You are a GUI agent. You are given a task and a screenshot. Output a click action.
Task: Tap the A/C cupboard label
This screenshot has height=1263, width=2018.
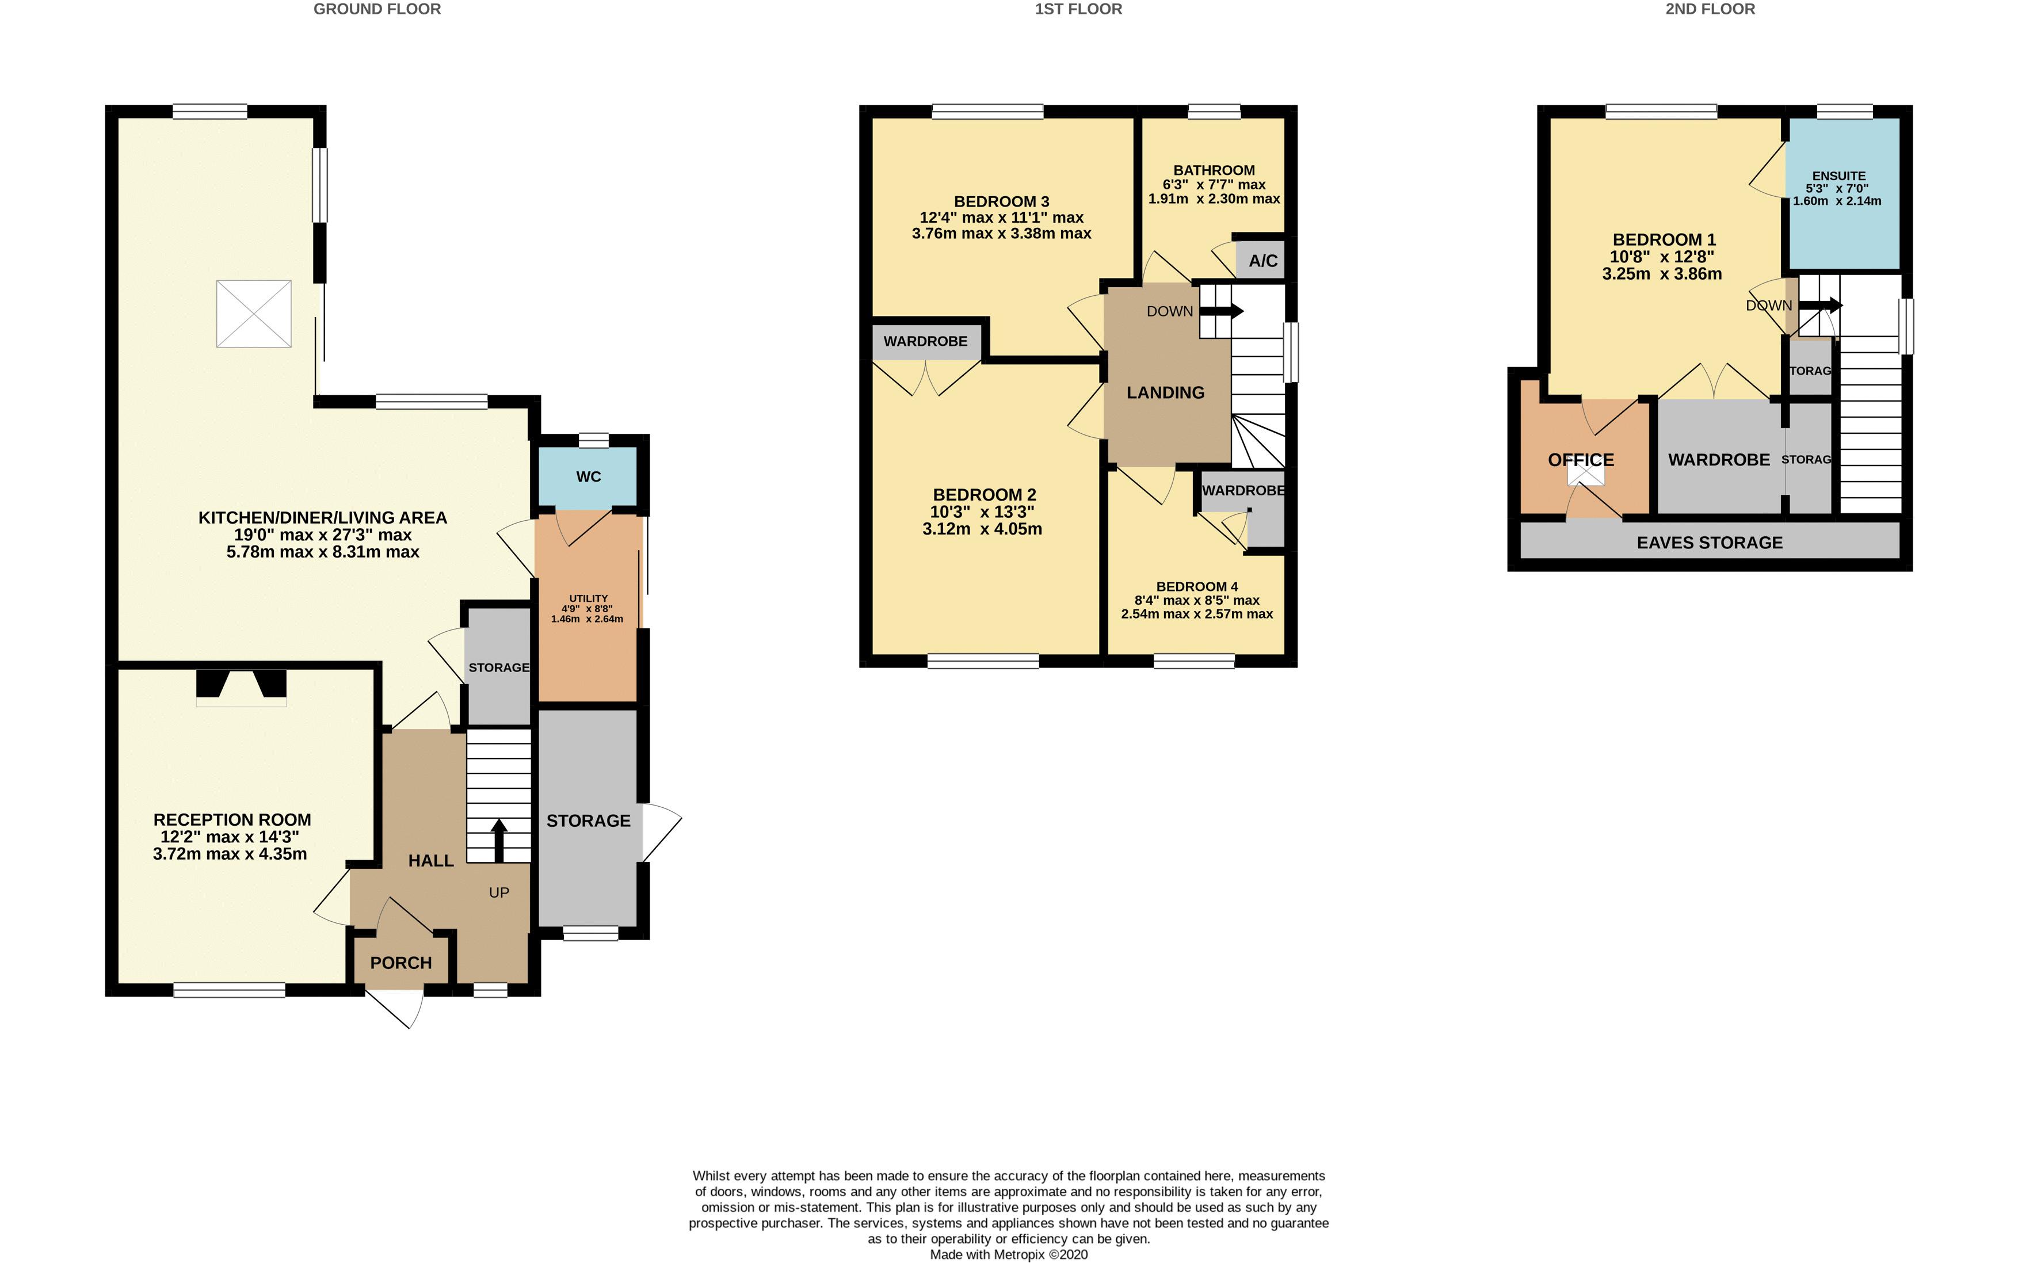pyautogui.click(x=1262, y=261)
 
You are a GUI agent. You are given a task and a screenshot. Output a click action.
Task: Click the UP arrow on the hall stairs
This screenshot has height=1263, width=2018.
pyautogui.click(x=499, y=840)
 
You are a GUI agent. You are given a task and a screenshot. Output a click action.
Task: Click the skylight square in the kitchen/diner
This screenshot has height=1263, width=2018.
pyautogui.click(x=254, y=314)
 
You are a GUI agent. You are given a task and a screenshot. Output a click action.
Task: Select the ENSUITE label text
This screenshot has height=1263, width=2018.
pyautogui.click(x=1838, y=176)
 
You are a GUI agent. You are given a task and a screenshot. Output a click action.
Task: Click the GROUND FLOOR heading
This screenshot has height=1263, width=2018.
pyautogui.click(x=377, y=9)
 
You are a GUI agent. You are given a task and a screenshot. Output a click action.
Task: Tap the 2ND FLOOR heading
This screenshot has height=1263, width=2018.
pyautogui.click(x=1710, y=9)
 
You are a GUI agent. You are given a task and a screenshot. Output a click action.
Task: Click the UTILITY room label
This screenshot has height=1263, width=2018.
pyautogui.click(x=588, y=598)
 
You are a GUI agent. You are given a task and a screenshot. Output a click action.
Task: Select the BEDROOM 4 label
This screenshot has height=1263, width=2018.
pyautogui.click(x=1196, y=586)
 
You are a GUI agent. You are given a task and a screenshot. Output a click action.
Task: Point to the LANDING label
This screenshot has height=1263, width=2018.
pyautogui.click(x=1165, y=392)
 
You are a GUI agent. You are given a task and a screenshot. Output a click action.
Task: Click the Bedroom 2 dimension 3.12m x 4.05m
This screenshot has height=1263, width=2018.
pyautogui.click(x=982, y=529)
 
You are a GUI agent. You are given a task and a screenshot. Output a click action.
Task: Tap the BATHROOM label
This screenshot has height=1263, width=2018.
pyautogui.click(x=1214, y=170)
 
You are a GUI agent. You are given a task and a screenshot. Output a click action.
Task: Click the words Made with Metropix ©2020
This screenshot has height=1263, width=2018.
pyautogui.click(x=1008, y=1254)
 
